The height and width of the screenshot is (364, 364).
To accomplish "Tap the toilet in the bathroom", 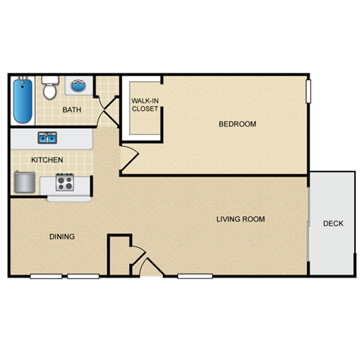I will pos(50,88).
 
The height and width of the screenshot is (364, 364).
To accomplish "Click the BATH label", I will pos(71,111).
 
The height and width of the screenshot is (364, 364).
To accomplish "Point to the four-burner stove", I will pos(64,183).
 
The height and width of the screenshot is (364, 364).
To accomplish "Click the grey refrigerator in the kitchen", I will pos(24,183).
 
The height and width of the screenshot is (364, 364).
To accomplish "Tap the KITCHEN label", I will pos(47,160).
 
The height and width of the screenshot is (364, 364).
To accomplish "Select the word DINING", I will pos(62,237).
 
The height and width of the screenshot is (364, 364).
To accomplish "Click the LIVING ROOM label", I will pos(240,220).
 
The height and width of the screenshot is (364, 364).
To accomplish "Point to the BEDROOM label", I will pos(237,124).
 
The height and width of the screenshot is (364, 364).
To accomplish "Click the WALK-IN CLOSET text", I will pos(145,104).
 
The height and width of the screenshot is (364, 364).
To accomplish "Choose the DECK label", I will pos(333,224).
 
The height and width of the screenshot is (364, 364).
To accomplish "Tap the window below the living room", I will pos(195,275).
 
